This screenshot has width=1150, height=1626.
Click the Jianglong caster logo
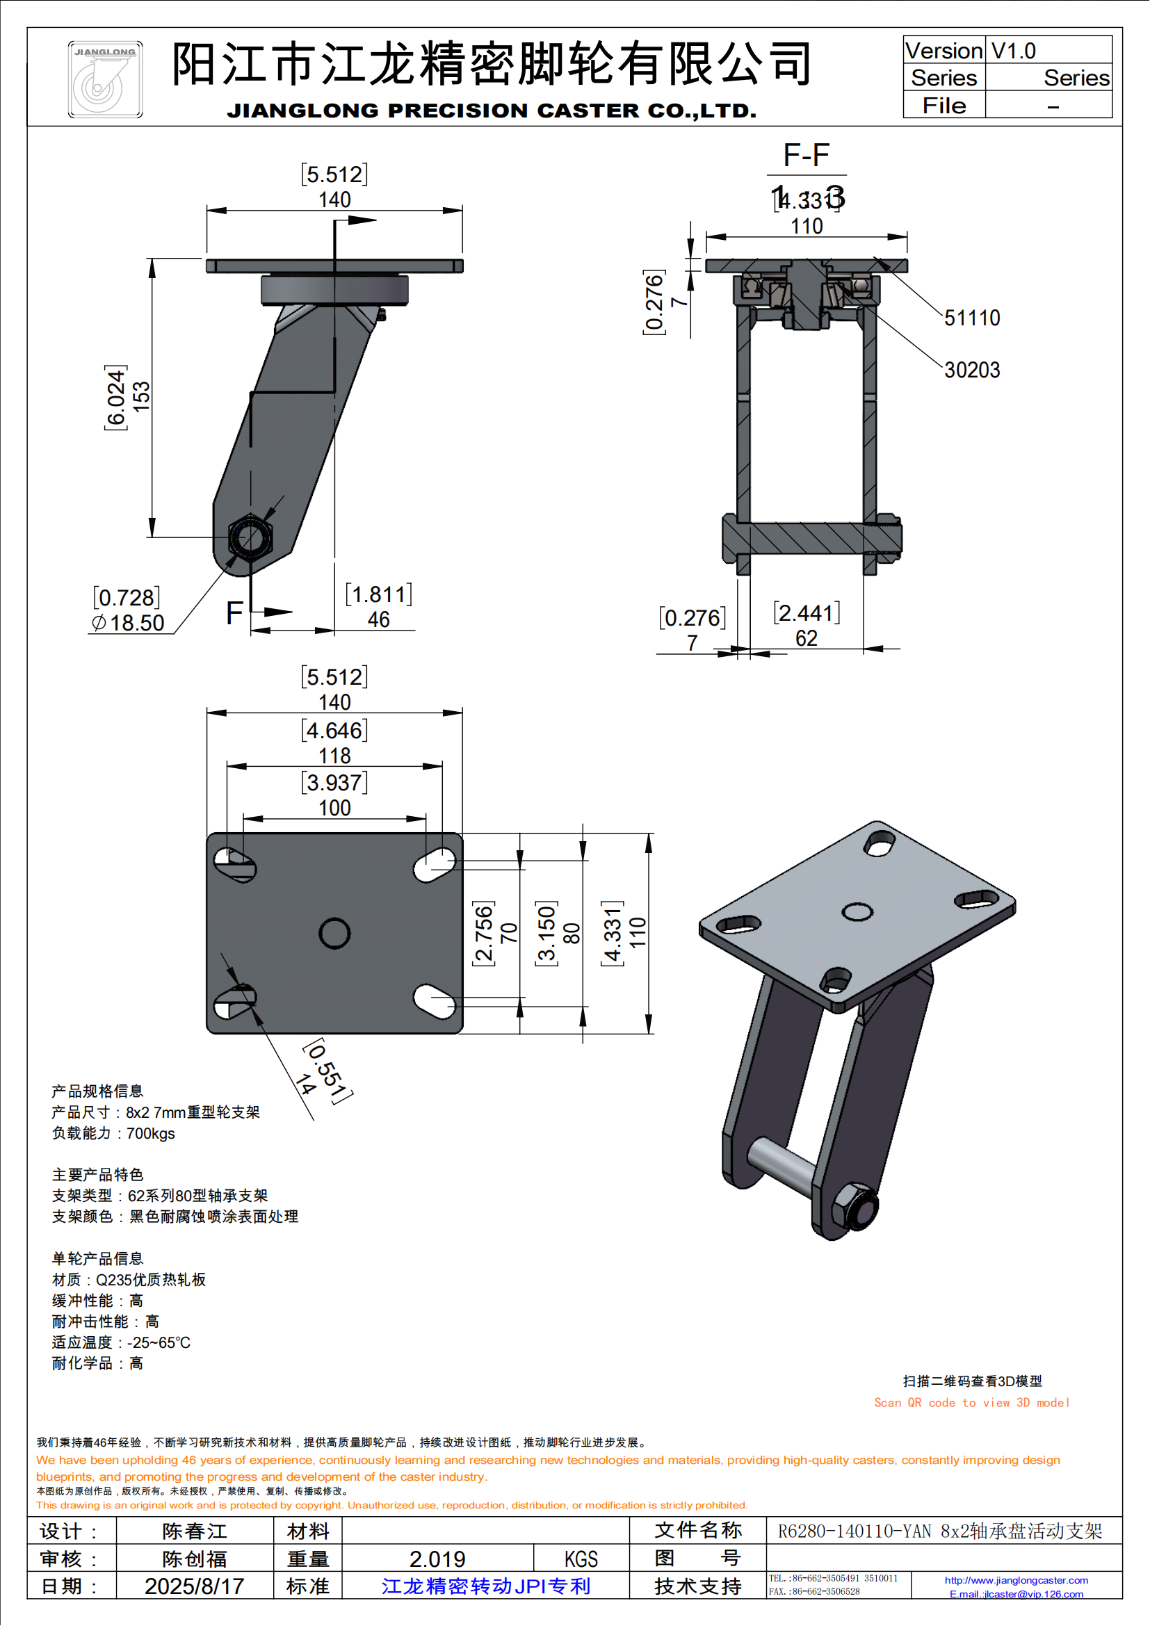[x=105, y=79]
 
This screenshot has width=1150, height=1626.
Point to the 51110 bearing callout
[x=971, y=318]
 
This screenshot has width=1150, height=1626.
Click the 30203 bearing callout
[x=971, y=370]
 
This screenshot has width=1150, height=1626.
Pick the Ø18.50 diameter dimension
[x=129, y=623]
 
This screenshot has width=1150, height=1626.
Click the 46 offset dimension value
[x=378, y=619]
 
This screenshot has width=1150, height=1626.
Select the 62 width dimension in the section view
[x=806, y=638]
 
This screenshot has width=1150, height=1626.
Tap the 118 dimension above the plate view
[x=334, y=756]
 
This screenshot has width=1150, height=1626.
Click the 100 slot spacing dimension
[x=334, y=808]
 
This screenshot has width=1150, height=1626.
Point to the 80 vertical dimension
[x=572, y=934]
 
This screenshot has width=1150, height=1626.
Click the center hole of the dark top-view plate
[x=334, y=934]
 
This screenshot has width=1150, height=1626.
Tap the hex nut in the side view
[x=251, y=538]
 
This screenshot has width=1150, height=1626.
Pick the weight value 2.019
[x=437, y=1559]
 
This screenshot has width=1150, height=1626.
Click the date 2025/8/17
[x=194, y=1586]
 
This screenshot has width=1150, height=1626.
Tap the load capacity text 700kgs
[x=150, y=1133]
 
